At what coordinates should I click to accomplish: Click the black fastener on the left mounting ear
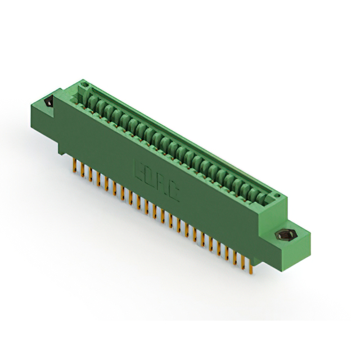coord(49,103)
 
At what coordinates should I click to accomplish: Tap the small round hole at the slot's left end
coord(85,86)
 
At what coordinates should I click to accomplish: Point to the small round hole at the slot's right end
coord(276,194)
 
